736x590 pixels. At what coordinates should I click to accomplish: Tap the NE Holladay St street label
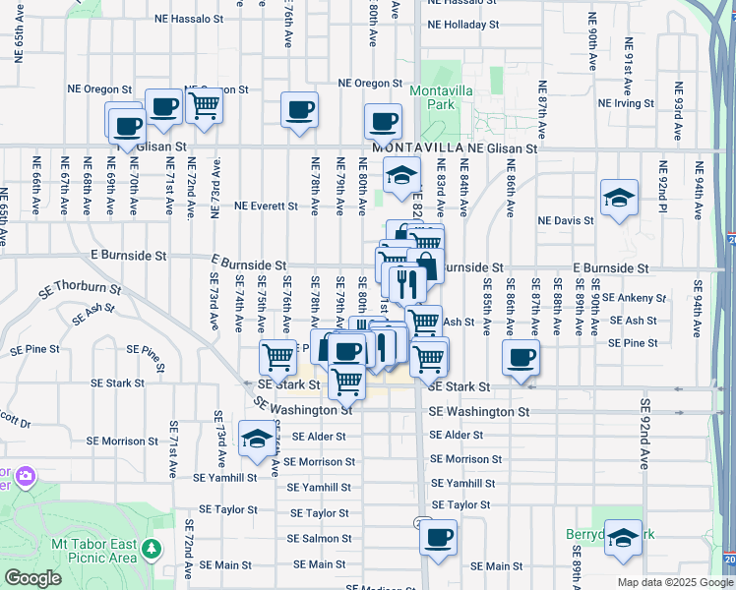coord(462,26)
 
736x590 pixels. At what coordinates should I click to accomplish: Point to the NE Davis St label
coord(566,220)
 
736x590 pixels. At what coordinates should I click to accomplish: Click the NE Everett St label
coord(266,206)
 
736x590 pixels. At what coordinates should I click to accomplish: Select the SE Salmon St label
coord(320,539)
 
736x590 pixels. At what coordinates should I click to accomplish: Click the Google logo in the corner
coord(32,578)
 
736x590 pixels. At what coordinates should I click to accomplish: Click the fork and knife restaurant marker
coord(406,284)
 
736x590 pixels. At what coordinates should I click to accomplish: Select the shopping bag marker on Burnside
coord(425,265)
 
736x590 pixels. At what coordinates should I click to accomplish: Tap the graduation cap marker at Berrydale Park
coord(623,537)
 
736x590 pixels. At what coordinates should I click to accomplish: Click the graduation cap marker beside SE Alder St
coord(257,438)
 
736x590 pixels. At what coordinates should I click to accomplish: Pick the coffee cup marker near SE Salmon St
coord(439,537)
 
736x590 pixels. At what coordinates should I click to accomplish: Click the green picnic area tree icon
coord(151,547)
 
